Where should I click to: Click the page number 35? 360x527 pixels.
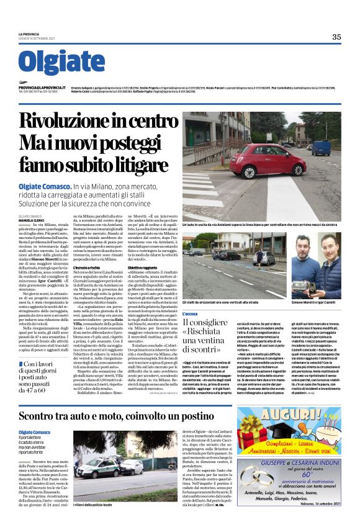[336, 37]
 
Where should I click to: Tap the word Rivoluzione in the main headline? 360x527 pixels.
[70, 121]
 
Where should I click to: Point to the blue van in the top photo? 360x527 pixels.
[320, 147]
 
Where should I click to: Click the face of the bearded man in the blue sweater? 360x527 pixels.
[332, 248]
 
